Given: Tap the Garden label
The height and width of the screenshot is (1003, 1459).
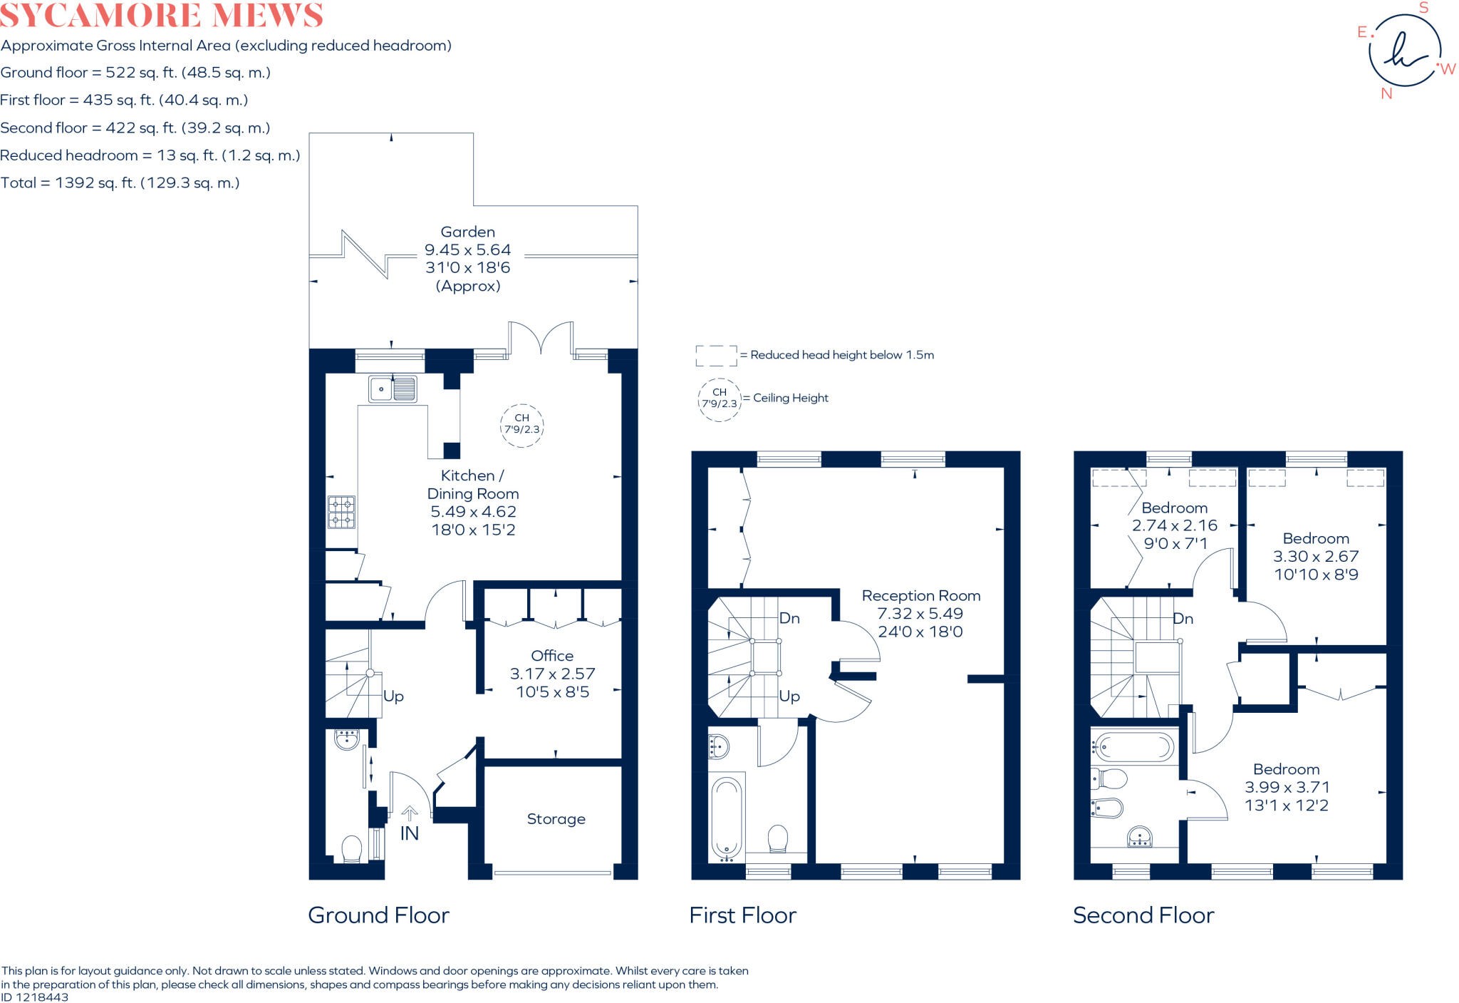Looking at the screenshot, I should coord(467,232).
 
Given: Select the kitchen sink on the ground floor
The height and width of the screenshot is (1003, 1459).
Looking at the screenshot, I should coord(393,389).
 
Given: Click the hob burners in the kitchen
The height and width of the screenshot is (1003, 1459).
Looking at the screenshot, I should coord(341,512).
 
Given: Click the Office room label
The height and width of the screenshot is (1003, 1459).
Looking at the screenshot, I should coord(552,656).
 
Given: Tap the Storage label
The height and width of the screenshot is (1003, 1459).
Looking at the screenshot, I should coord(556,819).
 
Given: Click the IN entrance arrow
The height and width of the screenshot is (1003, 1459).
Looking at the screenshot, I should coord(410,813).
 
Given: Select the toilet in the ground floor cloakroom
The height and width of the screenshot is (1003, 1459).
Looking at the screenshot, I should coord(351,848).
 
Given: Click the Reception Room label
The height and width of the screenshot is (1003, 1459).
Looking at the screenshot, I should coord(920,596).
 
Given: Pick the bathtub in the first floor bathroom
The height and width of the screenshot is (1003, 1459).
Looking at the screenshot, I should coord(727,816).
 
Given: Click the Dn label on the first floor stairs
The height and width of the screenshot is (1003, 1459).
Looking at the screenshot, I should coord(789,618).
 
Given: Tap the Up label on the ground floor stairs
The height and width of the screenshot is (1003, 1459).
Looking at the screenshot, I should coord(393,696).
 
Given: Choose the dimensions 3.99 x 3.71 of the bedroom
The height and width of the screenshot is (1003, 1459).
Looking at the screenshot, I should coord(1287,788).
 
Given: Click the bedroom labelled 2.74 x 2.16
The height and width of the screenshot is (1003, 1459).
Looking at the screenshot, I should coord(1174,525).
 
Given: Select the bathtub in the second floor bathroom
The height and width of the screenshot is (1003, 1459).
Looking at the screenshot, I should coord(1134,747).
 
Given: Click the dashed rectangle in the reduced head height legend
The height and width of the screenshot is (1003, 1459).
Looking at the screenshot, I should coord(716,356).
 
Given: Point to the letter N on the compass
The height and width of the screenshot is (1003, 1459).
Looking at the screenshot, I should coord(1386,93).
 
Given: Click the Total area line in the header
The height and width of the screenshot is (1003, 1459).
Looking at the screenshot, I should coord(120,182).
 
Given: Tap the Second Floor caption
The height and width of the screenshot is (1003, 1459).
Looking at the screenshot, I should coord(1143,915).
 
